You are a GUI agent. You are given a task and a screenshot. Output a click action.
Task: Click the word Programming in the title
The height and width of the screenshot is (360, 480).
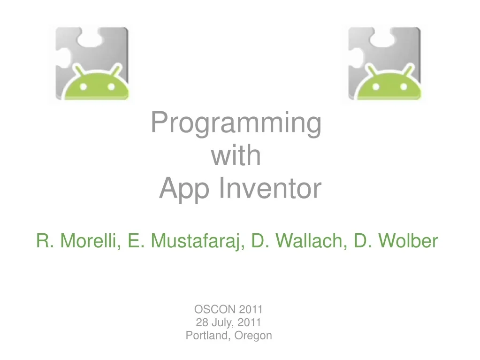tap(236, 124)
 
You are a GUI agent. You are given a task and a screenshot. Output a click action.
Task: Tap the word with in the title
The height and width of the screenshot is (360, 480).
tap(236, 156)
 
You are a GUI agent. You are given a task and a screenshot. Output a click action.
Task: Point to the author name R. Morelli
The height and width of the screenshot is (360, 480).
tap(77, 241)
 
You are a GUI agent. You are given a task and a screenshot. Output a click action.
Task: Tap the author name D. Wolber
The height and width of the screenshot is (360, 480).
tap(396, 241)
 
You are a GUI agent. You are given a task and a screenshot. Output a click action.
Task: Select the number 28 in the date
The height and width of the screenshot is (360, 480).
tap(202, 322)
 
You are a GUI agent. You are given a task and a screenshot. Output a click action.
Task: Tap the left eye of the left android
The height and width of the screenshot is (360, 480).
tap(84, 87)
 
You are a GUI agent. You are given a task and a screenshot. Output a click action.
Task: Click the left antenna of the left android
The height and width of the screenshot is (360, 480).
tap(77, 70)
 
